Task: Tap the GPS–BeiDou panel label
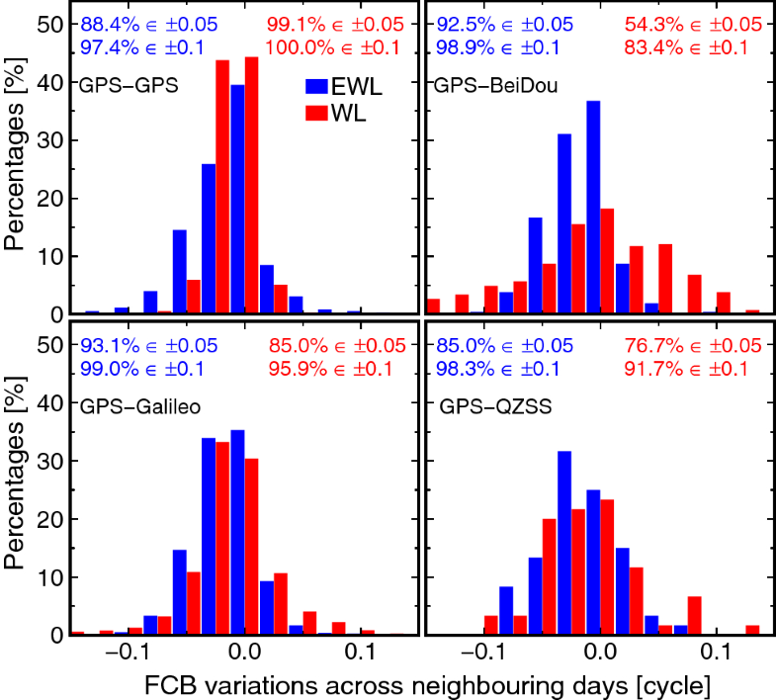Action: tap(496, 85)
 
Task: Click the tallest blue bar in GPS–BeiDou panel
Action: tap(593, 208)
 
